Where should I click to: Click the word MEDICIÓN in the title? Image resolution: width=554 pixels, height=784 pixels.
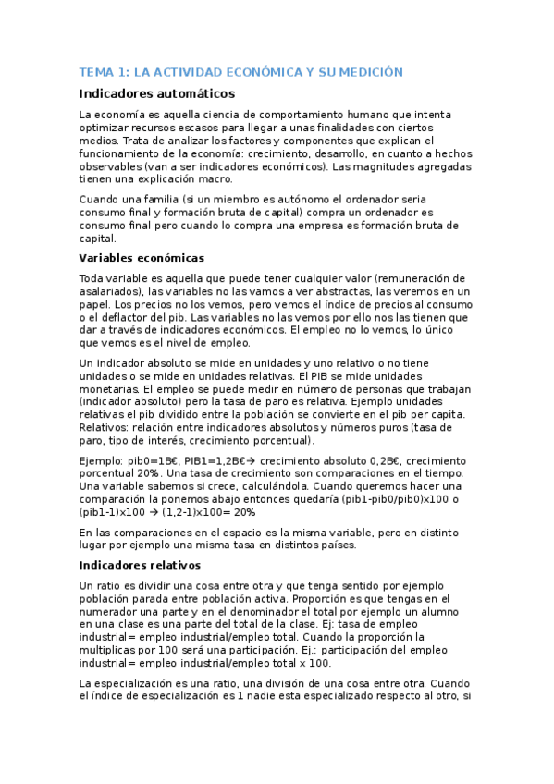pos(369,72)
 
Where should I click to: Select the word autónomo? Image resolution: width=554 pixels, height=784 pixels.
pos(300,199)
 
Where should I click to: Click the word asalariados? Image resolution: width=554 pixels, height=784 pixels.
pos(110,291)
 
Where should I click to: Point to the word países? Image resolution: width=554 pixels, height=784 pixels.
pos(331,545)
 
